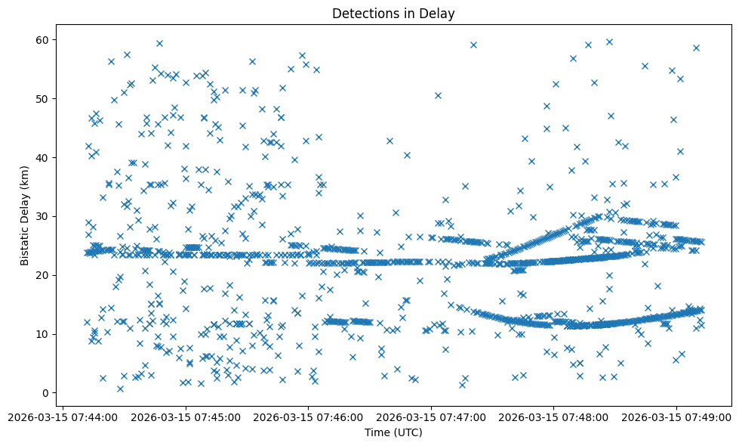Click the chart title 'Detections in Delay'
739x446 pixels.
393,13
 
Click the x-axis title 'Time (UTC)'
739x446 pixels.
393,432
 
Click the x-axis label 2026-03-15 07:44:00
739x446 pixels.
63,417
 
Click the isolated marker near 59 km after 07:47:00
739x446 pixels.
473,45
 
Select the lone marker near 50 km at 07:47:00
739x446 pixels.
438,95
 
